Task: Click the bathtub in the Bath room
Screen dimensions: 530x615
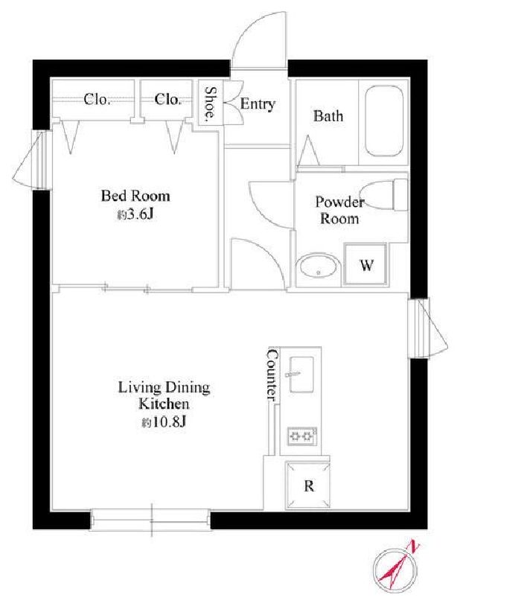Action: (384, 121)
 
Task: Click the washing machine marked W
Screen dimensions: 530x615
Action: (365, 265)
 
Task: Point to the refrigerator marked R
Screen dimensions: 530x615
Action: (308, 485)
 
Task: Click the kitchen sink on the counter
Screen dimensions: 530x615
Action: (301, 375)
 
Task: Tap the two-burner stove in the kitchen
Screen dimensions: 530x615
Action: (302, 436)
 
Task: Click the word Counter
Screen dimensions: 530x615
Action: (272, 375)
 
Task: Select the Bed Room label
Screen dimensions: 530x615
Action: (135, 196)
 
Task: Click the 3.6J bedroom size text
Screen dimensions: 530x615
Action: (135, 214)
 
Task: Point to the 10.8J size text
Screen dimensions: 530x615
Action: (164, 422)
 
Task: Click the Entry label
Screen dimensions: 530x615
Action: (258, 104)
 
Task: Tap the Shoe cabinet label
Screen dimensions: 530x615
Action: (210, 103)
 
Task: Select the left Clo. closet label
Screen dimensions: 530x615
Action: (97, 99)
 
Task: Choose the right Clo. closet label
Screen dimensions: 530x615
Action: (167, 99)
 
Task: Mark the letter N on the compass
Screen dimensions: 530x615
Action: (414, 547)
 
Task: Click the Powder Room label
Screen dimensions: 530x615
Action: (339, 210)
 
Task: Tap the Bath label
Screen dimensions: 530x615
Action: (328, 116)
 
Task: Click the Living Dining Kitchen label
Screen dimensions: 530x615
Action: (165, 395)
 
